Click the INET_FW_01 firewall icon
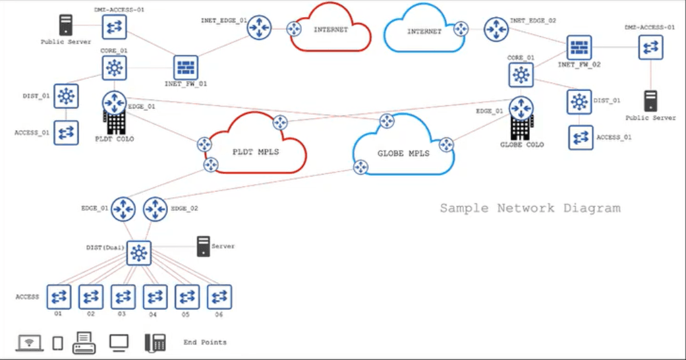[x=185, y=67]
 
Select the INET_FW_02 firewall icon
[x=579, y=47]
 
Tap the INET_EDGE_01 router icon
[x=259, y=28]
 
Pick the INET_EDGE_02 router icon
[x=496, y=30]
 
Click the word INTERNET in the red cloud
[x=331, y=30]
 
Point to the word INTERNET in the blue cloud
[x=424, y=32]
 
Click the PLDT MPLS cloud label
[x=256, y=152]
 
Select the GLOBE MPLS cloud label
[x=403, y=153]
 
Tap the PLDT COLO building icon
[x=115, y=122]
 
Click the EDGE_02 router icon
[x=155, y=209]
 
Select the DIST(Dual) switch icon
[x=138, y=253]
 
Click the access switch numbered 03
[x=123, y=297]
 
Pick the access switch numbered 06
[x=219, y=297]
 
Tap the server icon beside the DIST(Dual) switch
[x=204, y=246]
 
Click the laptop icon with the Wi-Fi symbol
[x=29, y=343]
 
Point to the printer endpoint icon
[x=84, y=343]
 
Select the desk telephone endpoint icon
[x=156, y=343]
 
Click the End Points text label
[x=205, y=342]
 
